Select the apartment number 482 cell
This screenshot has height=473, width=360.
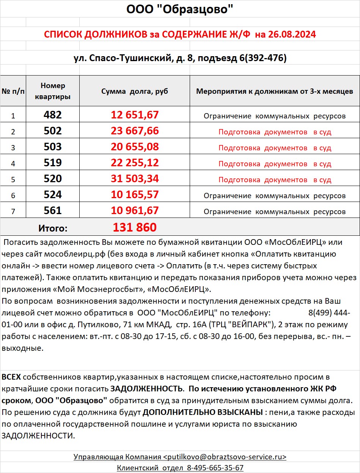tap(53, 115)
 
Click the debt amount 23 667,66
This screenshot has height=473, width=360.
tap(135, 131)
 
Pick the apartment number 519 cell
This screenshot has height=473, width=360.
tap(53, 163)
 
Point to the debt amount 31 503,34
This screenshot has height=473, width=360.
tap(135, 179)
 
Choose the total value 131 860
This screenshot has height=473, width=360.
tap(135, 227)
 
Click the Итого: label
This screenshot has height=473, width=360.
tap(53, 228)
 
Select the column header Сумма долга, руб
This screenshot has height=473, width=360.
tap(135, 91)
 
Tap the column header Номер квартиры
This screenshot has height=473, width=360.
tap(53, 91)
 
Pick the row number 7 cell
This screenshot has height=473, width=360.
tap(13, 211)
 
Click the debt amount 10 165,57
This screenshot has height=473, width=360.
tap(135, 195)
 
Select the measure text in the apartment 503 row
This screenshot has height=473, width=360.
tap(275, 148)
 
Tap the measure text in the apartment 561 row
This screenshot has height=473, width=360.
tap(275, 211)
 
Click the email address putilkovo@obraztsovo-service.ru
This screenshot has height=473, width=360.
tap(225, 457)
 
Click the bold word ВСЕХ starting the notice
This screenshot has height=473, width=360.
tap(11, 377)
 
